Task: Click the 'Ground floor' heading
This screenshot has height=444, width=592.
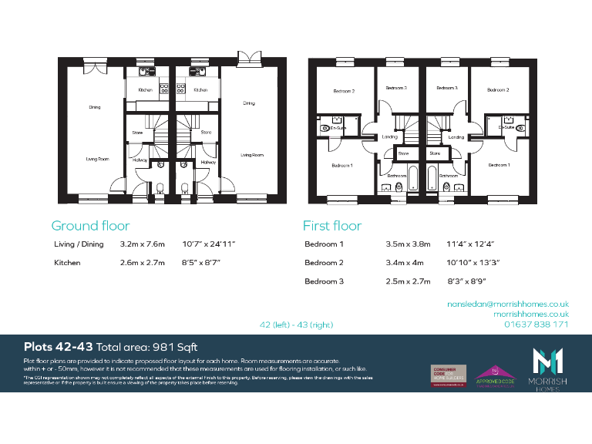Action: (x=90, y=226)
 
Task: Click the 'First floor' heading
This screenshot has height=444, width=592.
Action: (x=332, y=226)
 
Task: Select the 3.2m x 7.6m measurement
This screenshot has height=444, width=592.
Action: (x=143, y=244)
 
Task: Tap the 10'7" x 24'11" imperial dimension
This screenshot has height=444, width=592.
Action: (x=208, y=244)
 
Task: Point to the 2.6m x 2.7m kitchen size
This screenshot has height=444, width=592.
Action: (x=143, y=263)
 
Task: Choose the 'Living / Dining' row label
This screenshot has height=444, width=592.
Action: (x=79, y=244)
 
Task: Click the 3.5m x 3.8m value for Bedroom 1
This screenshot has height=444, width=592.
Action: (x=408, y=244)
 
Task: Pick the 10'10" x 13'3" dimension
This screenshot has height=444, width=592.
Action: (x=473, y=263)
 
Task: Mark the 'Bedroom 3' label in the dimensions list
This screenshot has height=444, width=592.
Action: (x=325, y=281)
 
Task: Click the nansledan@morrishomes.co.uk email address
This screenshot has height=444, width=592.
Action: (x=508, y=304)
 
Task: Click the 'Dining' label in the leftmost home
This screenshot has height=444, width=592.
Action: (x=94, y=107)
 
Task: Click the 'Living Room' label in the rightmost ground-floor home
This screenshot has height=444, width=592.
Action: (x=251, y=155)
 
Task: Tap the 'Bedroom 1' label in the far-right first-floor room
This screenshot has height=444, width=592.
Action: (x=499, y=165)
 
